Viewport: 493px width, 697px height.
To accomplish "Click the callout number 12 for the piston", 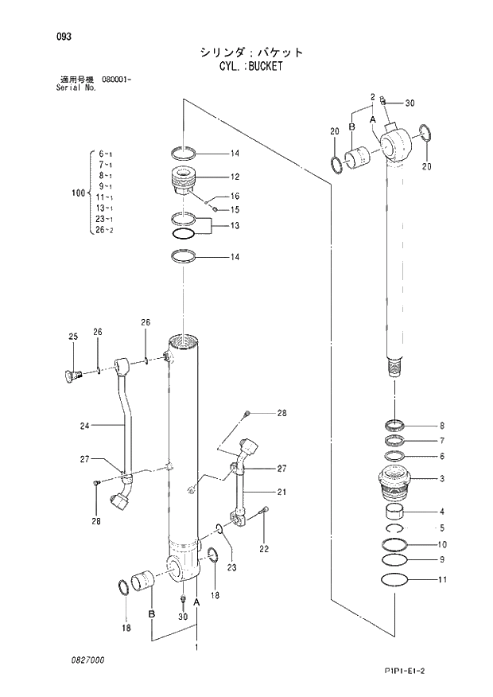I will click(x=235, y=177).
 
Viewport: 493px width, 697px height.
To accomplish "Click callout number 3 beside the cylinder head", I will click(x=441, y=478).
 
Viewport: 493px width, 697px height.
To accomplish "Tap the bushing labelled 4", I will click(x=395, y=511).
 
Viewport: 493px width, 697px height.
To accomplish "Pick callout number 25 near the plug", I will click(x=72, y=337).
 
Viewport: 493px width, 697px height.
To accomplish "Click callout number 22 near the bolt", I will click(x=264, y=547).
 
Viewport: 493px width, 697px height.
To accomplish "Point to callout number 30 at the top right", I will click(x=410, y=103).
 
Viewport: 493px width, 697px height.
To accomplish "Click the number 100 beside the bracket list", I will click(x=78, y=193).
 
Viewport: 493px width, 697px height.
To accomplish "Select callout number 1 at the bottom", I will click(x=196, y=648).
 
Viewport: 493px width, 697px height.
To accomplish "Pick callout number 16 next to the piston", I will click(x=235, y=196).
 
